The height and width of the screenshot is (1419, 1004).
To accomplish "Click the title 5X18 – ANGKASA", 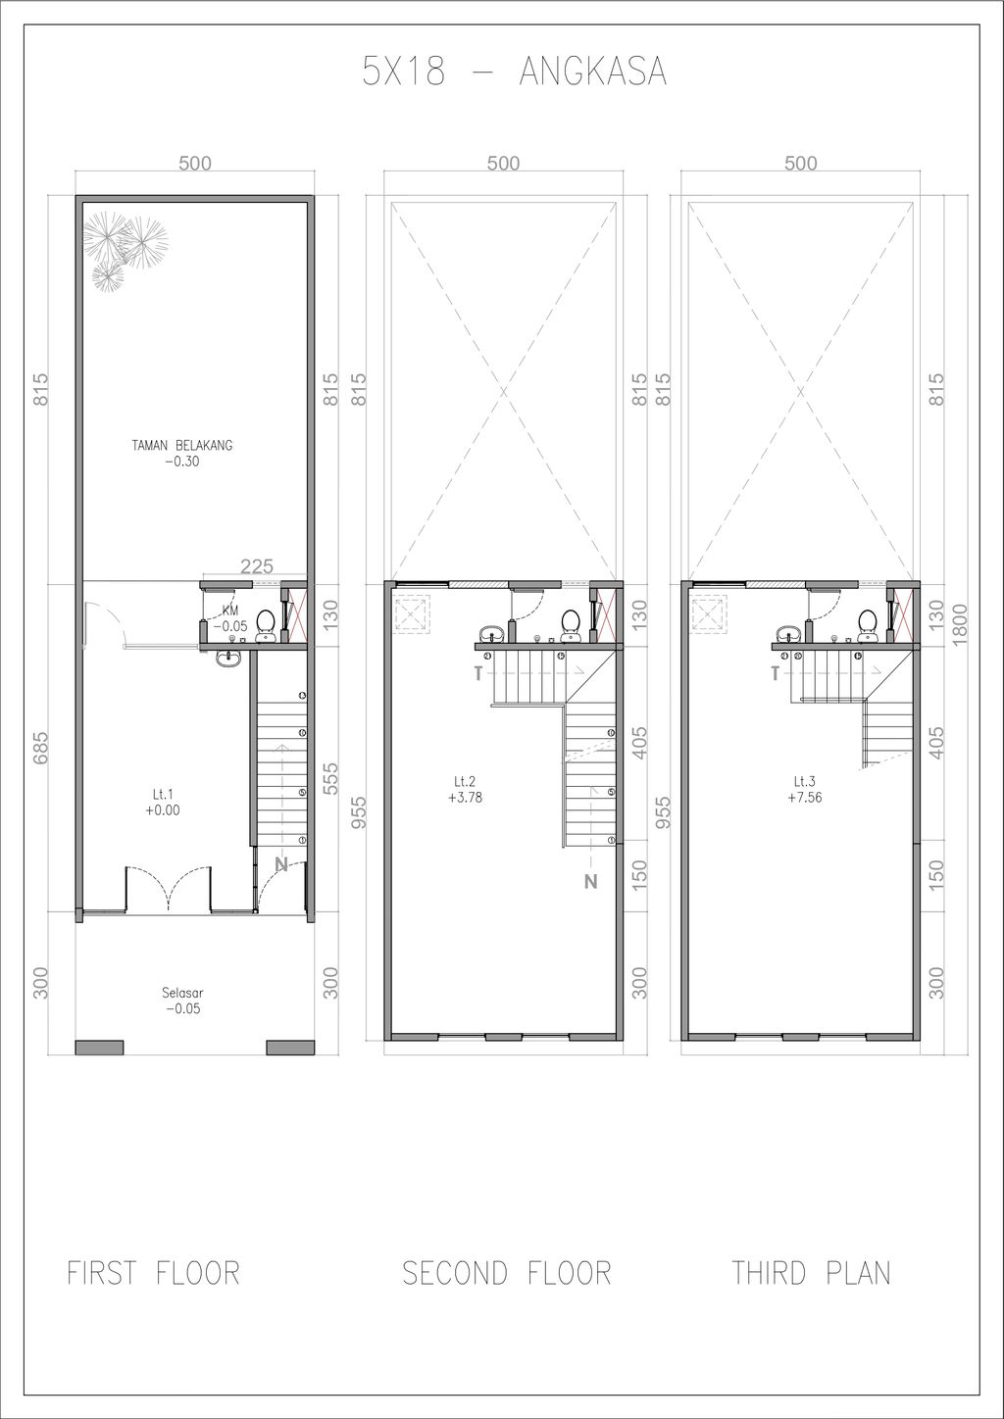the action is (514, 71).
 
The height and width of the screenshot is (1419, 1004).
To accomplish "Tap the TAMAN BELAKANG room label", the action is (182, 453).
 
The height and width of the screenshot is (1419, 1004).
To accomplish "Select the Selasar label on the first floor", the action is (182, 1001).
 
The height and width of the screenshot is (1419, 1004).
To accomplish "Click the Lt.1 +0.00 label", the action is (163, 802).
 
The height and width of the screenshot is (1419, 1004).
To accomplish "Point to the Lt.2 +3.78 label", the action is (465, 789).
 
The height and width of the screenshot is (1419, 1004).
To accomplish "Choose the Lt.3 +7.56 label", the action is (804, 789).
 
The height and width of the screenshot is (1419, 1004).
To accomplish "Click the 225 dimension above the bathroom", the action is (257, 565).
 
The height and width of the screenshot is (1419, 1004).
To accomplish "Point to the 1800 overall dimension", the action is (960, 625).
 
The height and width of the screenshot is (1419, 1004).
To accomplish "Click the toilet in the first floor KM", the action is (266, 626).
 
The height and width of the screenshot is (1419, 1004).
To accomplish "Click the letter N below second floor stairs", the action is (591, 881).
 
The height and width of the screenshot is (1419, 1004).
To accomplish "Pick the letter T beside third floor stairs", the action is (775, 673).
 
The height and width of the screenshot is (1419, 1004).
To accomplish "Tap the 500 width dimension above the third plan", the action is (800, 164).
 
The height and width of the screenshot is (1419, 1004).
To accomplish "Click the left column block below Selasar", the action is (99, 1048).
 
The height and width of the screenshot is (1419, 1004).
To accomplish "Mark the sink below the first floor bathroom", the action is (228, 660).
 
